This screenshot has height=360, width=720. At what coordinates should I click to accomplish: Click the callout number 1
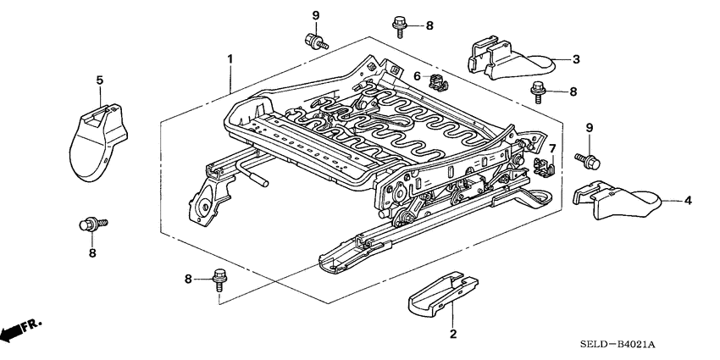pos(229,58)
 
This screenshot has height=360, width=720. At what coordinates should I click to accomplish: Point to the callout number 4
pos(687,201)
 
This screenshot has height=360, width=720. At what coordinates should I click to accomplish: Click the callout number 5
pos(99,80)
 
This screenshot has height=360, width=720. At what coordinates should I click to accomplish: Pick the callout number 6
pos(417,76)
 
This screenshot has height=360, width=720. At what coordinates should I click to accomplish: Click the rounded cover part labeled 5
pos(96,140)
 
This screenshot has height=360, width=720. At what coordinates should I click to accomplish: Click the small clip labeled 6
pos(437,81)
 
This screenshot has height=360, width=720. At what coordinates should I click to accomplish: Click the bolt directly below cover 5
pos(90,224)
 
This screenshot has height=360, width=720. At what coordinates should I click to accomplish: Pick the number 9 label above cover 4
pos(589,127)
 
